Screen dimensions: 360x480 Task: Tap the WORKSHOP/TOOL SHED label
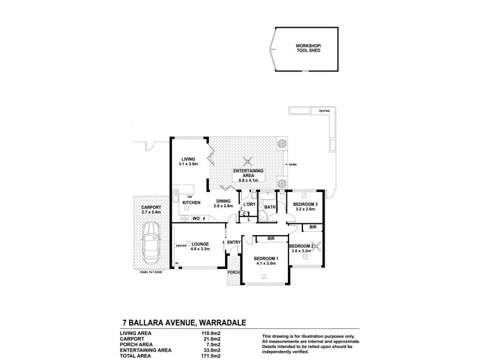tap(309, 48)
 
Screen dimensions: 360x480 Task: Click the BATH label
tap(270, 207)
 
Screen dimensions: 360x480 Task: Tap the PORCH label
tap(233, 272)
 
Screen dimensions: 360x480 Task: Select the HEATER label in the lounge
tap(181, 244)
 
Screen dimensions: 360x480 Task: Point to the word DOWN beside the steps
tap(292, 164)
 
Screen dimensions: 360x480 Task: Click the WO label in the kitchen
tap(195, 219)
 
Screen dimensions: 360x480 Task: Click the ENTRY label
tap(233, 242)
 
